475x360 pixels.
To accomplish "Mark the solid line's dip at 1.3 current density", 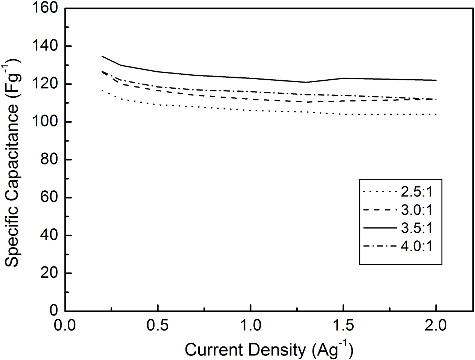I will [x=306, y=82].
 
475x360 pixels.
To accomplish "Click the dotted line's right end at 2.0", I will [x=436, y=114].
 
